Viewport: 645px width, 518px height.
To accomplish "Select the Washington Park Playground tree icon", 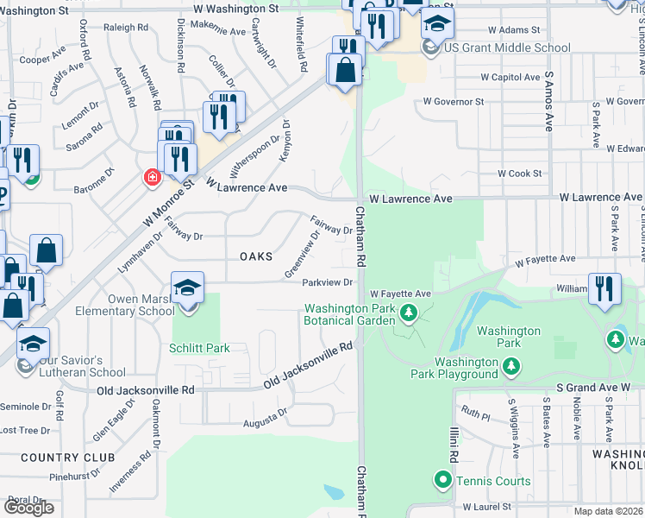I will click(510, 367).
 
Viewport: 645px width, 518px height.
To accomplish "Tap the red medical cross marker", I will click(153, 177).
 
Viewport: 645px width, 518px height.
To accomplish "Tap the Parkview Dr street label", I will click(328, 282).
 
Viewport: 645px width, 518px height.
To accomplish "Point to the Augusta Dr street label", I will click(265, 418).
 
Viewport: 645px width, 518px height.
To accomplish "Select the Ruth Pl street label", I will click(475, 414).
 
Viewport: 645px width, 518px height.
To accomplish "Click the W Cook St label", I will click(519, 173).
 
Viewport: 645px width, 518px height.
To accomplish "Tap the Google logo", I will click(28, 508).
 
